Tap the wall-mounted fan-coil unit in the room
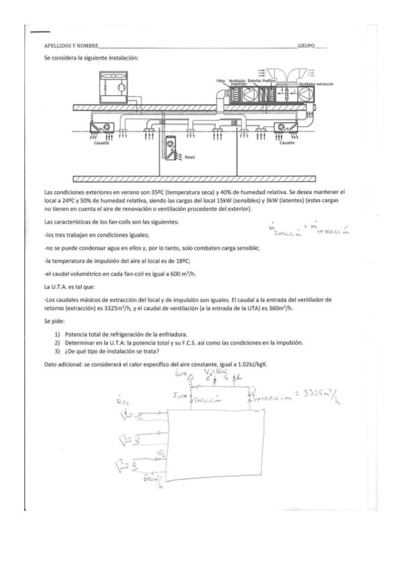click(x=173, y=148)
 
